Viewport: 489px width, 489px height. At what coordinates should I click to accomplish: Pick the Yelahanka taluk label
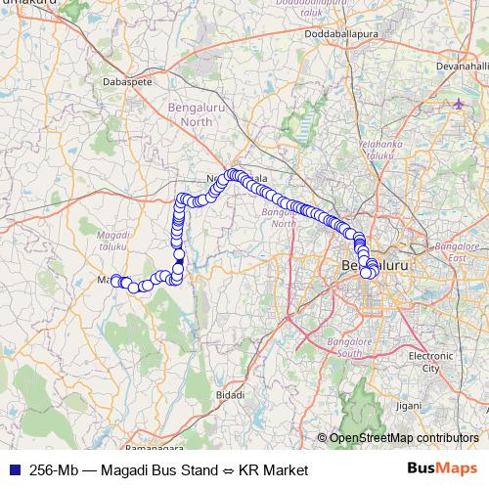[378, 148]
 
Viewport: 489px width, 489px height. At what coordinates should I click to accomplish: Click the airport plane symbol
[462, 103]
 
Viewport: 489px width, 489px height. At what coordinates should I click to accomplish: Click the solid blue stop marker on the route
[179, 261]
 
